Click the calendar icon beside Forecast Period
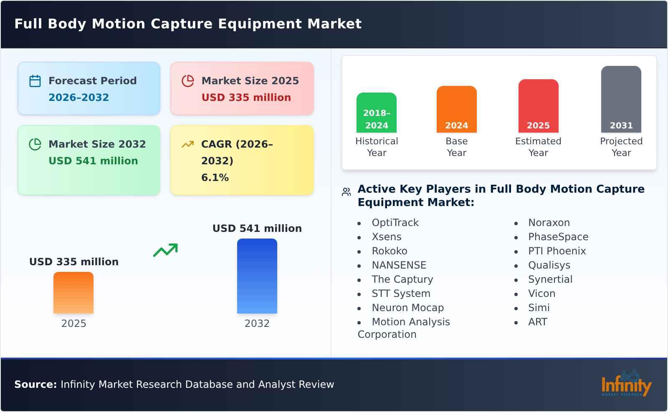(35, 81)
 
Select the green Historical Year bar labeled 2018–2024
(376, 113)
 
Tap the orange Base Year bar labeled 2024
(456, 109)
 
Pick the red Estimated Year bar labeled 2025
(538, 106)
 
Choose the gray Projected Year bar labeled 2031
(621, 99)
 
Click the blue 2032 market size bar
(257, 276)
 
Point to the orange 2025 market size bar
(73, 293)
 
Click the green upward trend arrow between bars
(165, 250)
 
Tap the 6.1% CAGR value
(215, 178)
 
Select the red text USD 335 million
(246, 98)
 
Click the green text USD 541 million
(93, 161)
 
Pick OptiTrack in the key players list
(395, 223)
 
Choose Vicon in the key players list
(541, 294)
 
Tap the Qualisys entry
(549, 265)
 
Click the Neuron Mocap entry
(407, 308)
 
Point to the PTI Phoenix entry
(557, 251)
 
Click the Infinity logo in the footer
(626, 384)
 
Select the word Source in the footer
(35, 384)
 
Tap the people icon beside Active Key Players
(346, 192)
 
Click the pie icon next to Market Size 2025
(188, 81)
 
